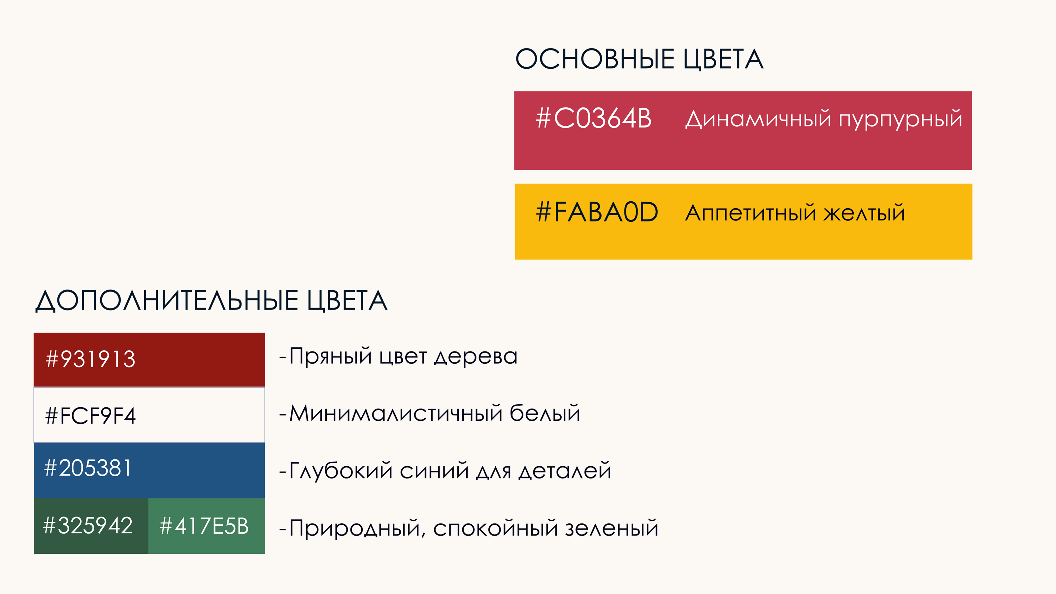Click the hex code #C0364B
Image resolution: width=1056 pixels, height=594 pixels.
[594, 118]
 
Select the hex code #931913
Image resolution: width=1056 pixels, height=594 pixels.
[90, 359]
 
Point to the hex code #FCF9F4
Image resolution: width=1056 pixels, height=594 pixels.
[90, 416]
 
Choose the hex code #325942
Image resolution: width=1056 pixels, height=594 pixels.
[88, 526]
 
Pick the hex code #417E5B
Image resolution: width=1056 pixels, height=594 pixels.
[204, 526]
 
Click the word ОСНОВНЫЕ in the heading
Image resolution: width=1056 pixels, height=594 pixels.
[595, 59]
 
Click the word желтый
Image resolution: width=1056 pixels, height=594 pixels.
[864, 213]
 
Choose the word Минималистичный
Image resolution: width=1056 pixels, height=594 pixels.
[396, 413]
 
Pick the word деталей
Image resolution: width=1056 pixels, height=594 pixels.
[565, 471]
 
